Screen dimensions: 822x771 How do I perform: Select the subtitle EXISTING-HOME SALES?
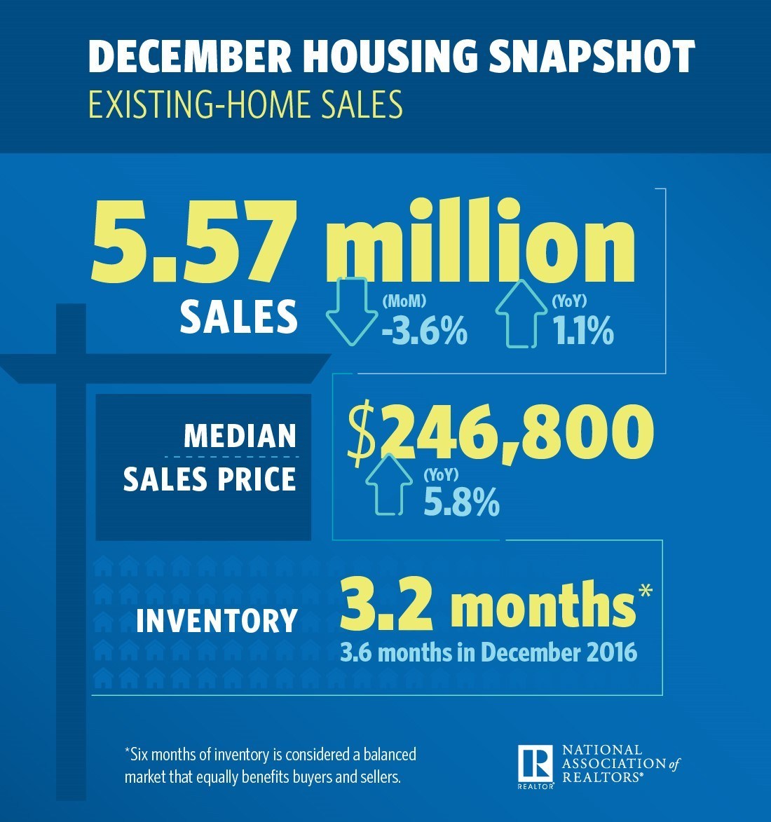pos(245,104)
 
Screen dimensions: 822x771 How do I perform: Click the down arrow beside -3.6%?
pos(348,310)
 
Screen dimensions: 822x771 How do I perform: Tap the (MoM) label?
pos(404,302)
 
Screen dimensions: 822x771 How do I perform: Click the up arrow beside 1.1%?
pos(521,313)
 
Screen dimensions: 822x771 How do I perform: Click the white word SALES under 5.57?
pos(239,317)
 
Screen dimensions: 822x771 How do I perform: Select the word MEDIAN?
pos(240,436)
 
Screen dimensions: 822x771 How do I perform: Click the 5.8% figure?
pos(461,502)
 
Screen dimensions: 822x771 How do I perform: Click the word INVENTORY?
pos(217,621)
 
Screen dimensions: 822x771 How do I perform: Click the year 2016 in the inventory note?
pos(609,652)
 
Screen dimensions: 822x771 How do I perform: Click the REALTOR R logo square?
pos(536,764)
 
